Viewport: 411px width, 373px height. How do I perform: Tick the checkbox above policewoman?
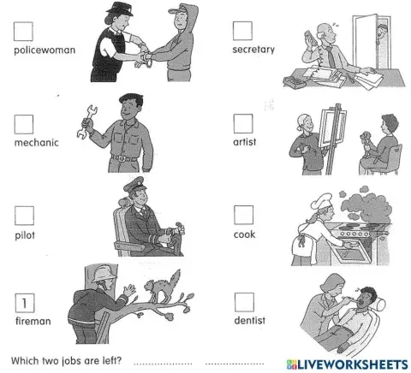pos(23,32)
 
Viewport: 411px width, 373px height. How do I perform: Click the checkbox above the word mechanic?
pos(24,124)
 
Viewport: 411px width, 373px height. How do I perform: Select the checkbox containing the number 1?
pos(25,303)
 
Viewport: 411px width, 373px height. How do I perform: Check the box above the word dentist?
pos(244,302)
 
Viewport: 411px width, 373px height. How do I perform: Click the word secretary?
pos(253,50)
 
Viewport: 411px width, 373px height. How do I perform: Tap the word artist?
pos(245,142)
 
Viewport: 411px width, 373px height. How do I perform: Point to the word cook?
pos(244,234)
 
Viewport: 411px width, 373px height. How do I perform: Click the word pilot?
pos(25,235)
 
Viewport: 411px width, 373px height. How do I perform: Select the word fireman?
pos(33,321)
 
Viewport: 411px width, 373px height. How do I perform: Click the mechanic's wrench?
pos(86,121)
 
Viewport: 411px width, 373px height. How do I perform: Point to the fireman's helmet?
pos(104,275)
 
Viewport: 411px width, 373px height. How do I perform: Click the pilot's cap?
pos(134,184)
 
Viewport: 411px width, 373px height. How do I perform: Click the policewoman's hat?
pos(120,9)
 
